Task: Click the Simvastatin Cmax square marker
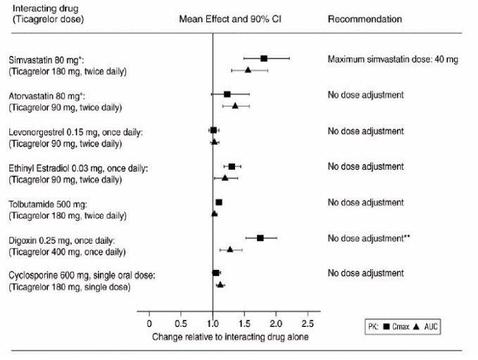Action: pos(264,58)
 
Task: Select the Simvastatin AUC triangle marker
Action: pos(248,70)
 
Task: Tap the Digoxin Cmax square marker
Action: pos(260,238)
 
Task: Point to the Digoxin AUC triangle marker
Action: pos(230,249)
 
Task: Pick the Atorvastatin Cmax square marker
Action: pos(227,94)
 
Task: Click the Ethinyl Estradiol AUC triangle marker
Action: pos(225,178)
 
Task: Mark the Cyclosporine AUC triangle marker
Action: pos(220,284)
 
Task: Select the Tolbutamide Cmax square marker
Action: pos(219,202)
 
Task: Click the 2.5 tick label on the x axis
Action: pos(307,323)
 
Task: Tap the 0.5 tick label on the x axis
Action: pos(180,323)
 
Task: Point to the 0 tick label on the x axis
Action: pos(149,323)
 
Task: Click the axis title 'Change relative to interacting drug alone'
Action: pos(230,336)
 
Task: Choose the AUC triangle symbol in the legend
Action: pos(417,327)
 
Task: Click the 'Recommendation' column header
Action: pos(365,19)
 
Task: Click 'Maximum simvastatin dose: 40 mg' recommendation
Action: pos(393,59)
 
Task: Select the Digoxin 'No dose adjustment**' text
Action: pos(369,238)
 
